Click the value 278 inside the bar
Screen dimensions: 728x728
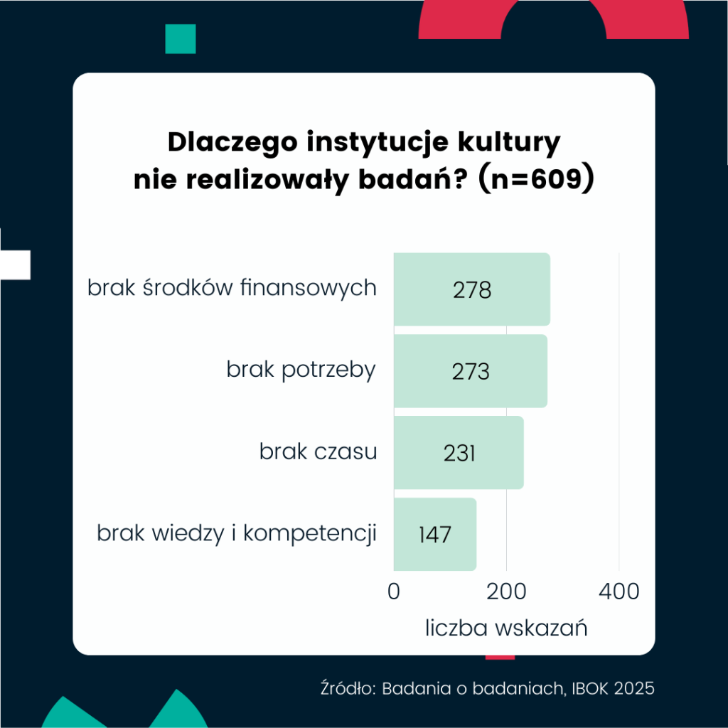tap(471, 291)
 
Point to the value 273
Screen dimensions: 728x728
tap(471, 372)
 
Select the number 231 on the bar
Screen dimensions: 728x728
tap(459, 454)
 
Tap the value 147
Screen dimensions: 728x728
tap(434, 535)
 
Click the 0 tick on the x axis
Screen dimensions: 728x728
tap(394, 591)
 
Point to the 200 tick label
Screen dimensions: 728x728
tap(506, 591)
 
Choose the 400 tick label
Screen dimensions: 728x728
tap(619, 591)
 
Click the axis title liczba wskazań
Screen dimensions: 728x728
tap(506, 628)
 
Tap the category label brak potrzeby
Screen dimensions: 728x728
tap(301, 370)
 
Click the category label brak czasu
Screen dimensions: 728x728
tap(318, 451)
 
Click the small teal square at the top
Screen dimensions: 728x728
tap(180, 38)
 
